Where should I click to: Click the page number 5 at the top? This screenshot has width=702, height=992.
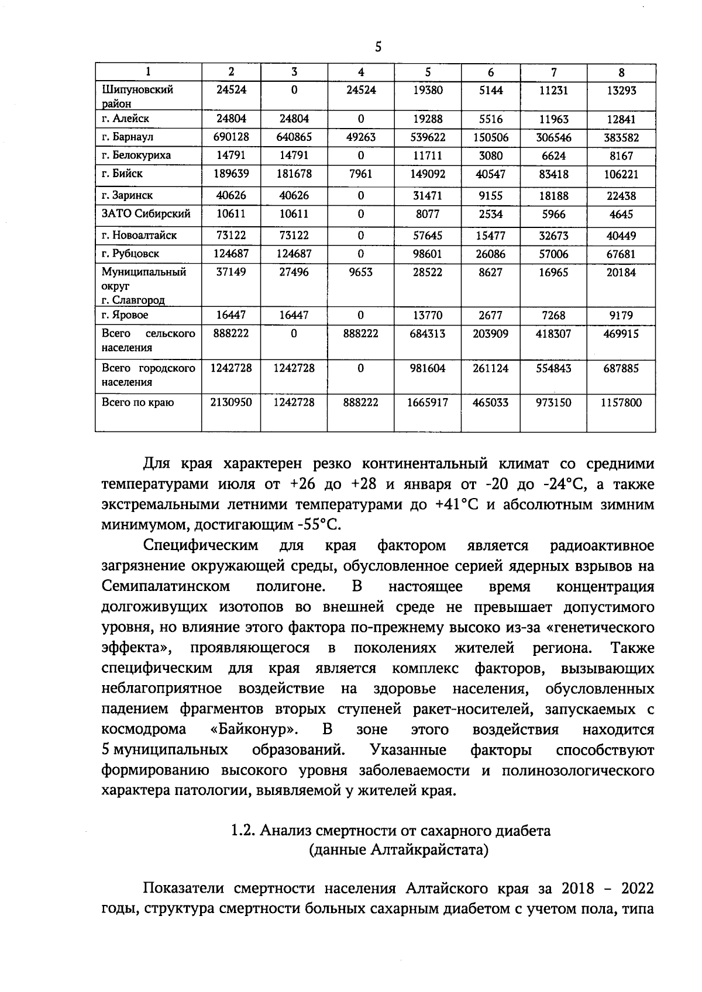378,47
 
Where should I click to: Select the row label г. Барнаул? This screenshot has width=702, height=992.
127,137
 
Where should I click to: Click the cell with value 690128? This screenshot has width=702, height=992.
231,137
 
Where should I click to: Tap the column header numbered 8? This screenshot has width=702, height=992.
621,72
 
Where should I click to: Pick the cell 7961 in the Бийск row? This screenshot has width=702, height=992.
360,174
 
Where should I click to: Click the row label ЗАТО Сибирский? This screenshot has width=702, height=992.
146,213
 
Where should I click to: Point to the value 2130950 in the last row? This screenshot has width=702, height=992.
231,402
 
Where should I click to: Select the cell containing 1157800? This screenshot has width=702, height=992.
621,402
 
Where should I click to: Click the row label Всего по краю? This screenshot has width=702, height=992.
137,402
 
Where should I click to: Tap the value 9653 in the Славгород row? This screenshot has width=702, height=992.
360,272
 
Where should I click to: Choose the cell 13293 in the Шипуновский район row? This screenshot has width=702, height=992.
621,90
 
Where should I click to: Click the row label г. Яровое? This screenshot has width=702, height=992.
125,314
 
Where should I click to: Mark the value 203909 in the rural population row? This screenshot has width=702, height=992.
490,333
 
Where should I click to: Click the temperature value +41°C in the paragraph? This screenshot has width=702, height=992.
456,504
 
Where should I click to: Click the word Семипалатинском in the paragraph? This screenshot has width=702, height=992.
166,586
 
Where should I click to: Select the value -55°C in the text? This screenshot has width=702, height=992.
319,525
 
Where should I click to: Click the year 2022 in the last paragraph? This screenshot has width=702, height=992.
636,889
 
